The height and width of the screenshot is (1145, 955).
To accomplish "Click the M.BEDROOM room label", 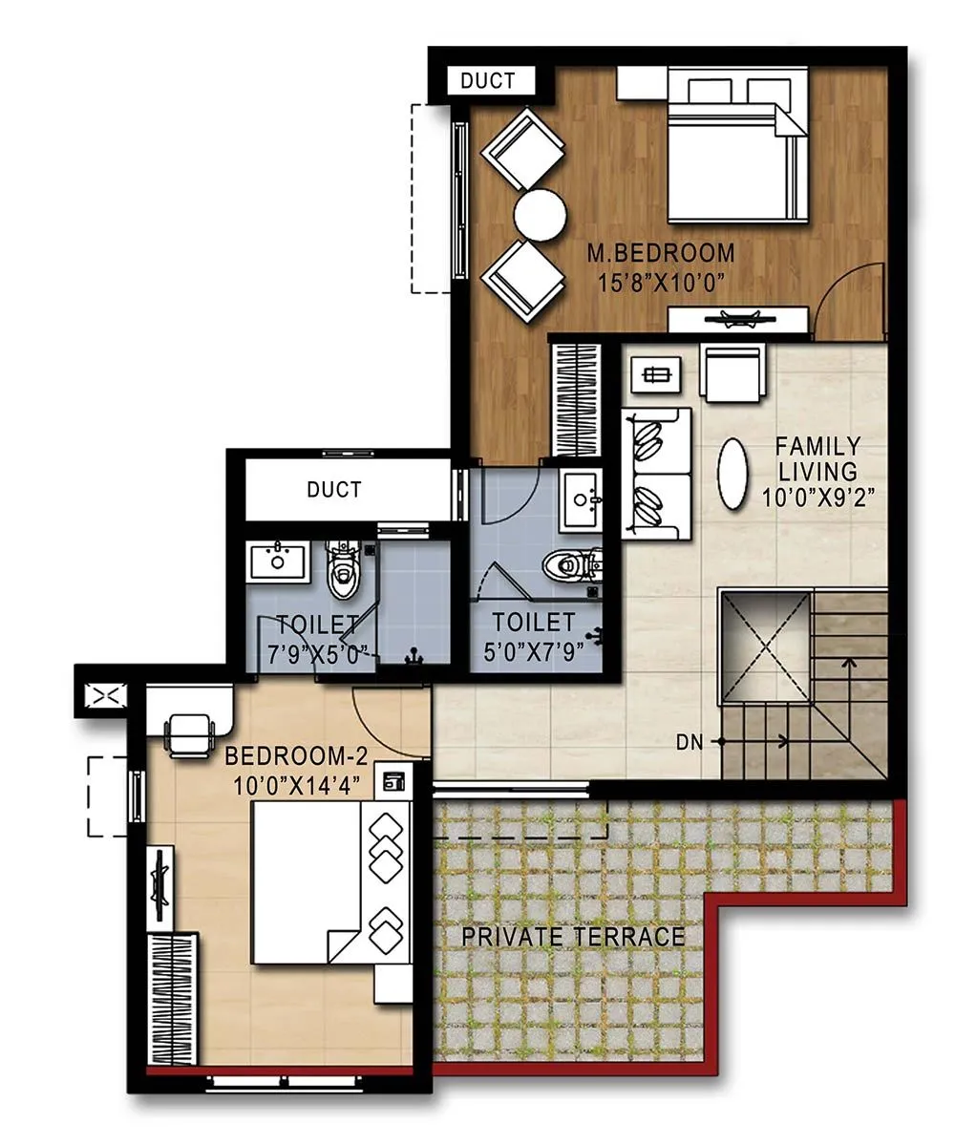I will tap(661, 253).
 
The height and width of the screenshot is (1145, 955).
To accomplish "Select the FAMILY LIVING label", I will tap(817, 458).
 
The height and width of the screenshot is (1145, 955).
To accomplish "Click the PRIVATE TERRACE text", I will tap(573, 936).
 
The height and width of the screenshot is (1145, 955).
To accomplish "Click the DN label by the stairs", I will tap(690, 740).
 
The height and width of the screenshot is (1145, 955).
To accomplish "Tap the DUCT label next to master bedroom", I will tap(488, 81).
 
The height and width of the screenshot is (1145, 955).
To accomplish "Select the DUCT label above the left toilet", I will tap(333, 489).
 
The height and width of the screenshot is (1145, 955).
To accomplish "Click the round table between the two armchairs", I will tap(540, 215).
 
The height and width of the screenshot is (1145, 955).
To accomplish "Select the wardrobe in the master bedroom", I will tap(576, 400).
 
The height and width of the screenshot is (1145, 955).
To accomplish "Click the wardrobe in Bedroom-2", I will tap(173, 998).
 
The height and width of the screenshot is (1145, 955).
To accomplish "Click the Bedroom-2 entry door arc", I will tap(387, 721).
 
